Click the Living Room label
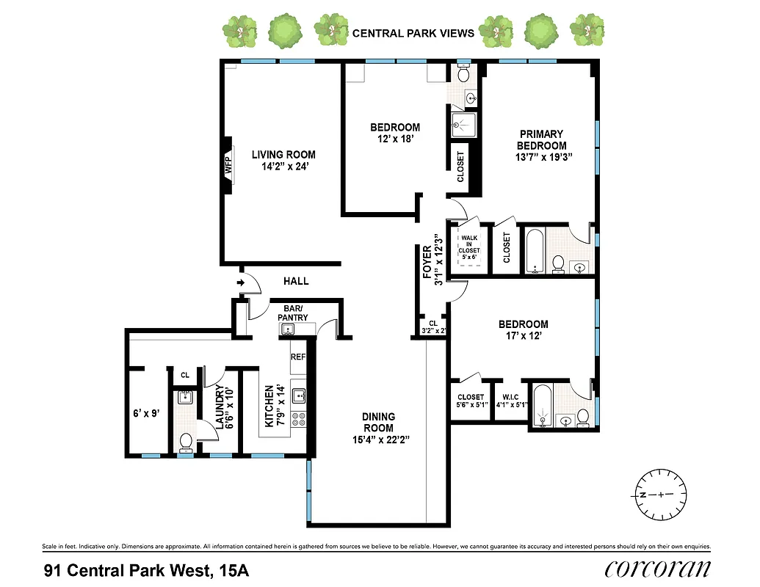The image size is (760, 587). click(x=283, y=160)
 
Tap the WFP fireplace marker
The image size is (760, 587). click(x=228, y=166)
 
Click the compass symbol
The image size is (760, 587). click(x=660, y=495)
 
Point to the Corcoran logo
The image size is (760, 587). click(x=657, y=568)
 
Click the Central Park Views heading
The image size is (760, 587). click(x=413, y=33)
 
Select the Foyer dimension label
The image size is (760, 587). click(x=431, y=261)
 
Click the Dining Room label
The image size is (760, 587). click(x=378, y=429)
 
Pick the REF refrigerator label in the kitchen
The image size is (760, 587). click(x=297, y=357)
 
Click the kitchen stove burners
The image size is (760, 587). click(x=300, y=420)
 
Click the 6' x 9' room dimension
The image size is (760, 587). click(x=147, y=413)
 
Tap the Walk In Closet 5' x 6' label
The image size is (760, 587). click(x=469, y=249)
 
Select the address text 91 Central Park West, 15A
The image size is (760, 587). click(x=146, y=569)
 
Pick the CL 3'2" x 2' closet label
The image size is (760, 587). click(x=433, y=327)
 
